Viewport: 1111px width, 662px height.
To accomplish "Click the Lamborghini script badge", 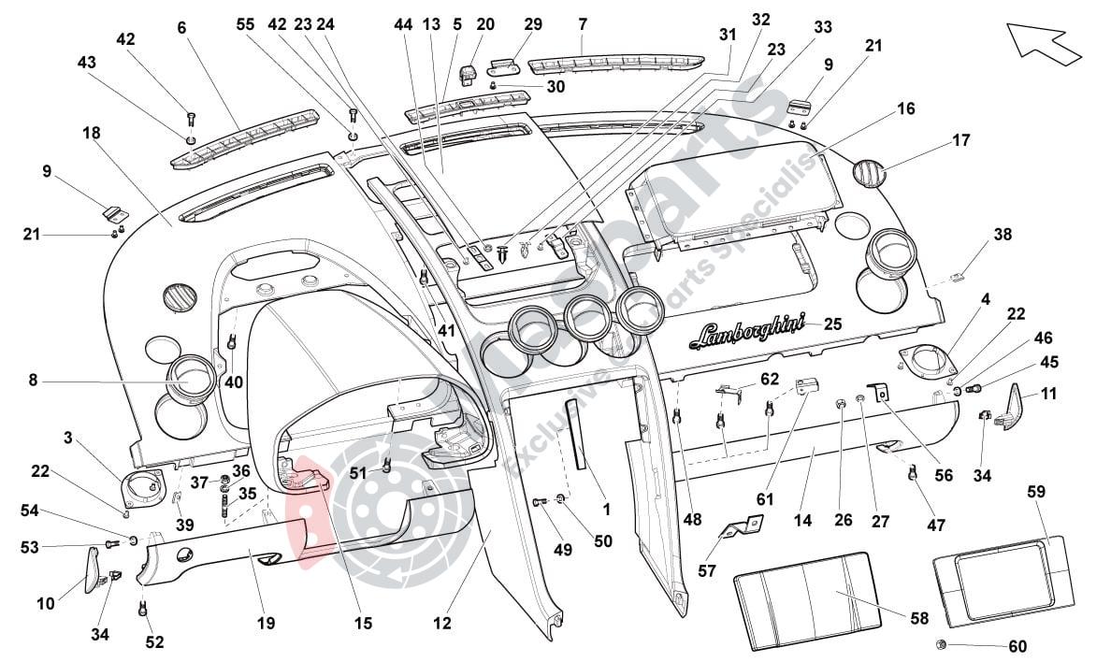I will point(749,330).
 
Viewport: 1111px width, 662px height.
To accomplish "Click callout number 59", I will point(1035,491).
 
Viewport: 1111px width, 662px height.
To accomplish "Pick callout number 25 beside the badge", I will point(832,324).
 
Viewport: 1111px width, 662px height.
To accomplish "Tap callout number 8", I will point(33,381).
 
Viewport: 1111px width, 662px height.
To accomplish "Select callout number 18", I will point(91,133).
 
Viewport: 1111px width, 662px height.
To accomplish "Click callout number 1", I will point(606,510).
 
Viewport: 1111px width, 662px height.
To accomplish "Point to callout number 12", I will point(441,622).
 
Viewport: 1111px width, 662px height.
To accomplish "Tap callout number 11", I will point(1048,394).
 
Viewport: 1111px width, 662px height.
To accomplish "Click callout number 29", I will point(532,22).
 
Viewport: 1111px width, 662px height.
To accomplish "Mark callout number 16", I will point(905,109).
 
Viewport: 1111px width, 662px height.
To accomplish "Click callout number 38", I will point(1003,236).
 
